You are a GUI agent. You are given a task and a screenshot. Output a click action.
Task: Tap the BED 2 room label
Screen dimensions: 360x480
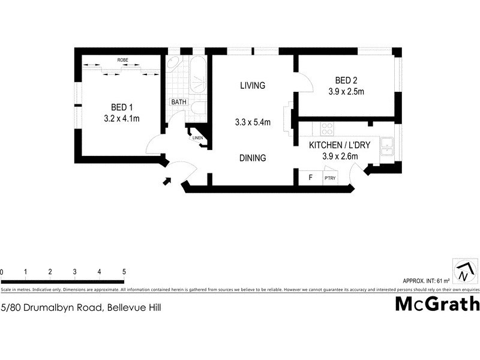tap(346, 80)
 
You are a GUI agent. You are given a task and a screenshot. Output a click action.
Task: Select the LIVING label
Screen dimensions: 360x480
tap(252, 86)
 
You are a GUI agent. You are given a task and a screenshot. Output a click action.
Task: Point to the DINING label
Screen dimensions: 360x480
tap(252, 158)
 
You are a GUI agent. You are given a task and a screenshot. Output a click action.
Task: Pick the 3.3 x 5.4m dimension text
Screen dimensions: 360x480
tap(253, 122)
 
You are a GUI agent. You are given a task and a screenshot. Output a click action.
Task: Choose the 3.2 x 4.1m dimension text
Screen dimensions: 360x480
tap(121, 118)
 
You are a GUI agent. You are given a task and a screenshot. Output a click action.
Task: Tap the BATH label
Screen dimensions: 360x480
tap(179, 102)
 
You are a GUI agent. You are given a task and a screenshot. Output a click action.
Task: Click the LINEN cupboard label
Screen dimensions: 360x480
tap(198, 138)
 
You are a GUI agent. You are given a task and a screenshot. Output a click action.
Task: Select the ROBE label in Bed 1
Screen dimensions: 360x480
tap(122, 60)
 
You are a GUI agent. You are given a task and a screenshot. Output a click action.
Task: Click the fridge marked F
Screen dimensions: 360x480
tap(310, 178)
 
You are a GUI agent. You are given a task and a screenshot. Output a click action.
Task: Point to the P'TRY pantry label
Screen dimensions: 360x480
tap(329, 178)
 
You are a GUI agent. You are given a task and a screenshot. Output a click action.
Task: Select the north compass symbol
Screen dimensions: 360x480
tap(463, 271)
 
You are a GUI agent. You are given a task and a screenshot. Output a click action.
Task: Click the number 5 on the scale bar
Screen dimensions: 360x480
tap(124, 272)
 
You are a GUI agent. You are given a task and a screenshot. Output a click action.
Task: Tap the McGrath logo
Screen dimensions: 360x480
tap(437, 304)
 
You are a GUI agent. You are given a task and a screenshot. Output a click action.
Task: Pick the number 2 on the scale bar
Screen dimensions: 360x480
tap(50, 272)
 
